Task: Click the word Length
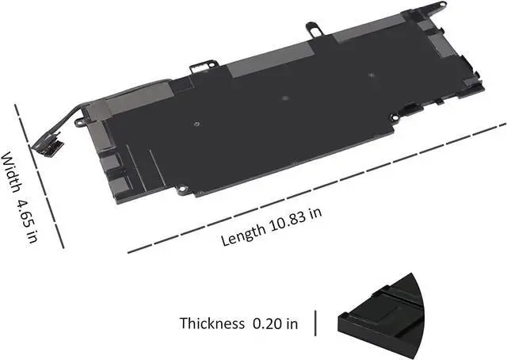coord(243,235)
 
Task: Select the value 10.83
coord(288,222)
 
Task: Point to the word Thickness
coord(212,324)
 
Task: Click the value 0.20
coord(267,324)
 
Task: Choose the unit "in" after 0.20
coord(292,324)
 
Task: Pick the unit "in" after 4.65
coord(32,236)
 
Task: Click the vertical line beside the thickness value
coord(315,323)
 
